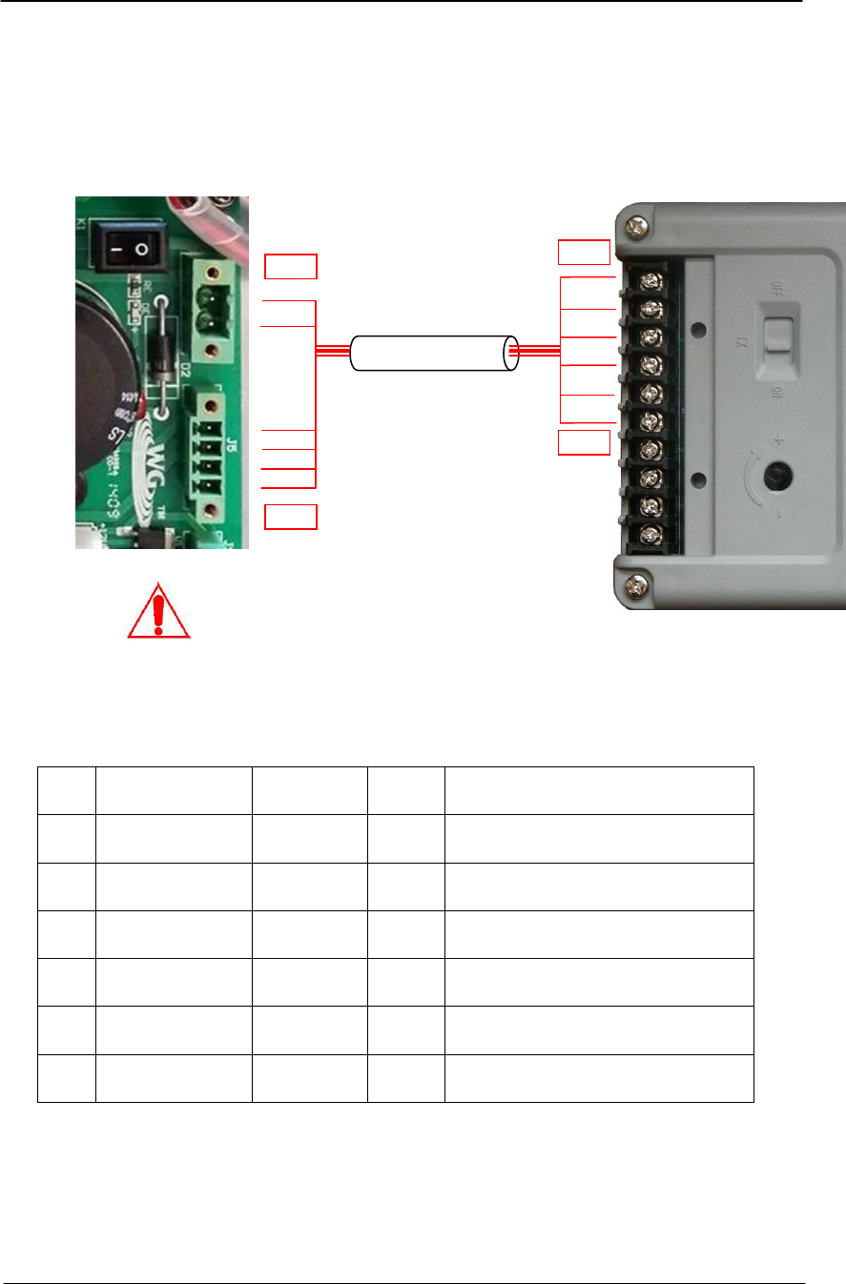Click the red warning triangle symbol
click(x=159, y=610)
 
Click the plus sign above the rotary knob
click(x=777, y=440)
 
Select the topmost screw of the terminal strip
click(x=652, y=280)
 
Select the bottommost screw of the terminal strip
click(x=652, y=533)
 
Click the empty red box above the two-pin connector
click(x=290, y=266)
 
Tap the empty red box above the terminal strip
click(x=583, y=253)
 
